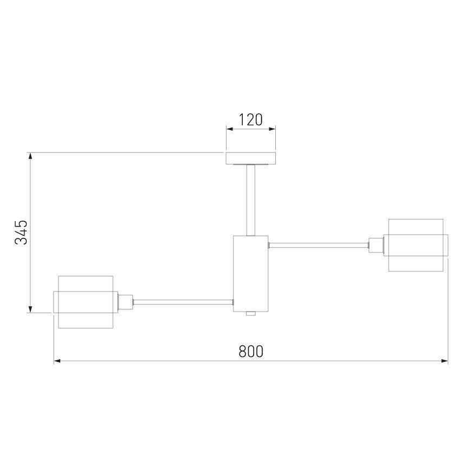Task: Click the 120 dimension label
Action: [251, 119]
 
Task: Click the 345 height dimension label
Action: [21, 232]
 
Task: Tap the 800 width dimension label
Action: [251, 351]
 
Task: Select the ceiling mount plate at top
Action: [251, 158]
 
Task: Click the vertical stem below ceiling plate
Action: [251, 200]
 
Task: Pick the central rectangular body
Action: [251, 274]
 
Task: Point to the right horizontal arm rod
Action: [319, 245]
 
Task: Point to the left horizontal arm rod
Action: [183, 302]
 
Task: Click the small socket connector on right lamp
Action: [376, 245]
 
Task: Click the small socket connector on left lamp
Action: [125, 302]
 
